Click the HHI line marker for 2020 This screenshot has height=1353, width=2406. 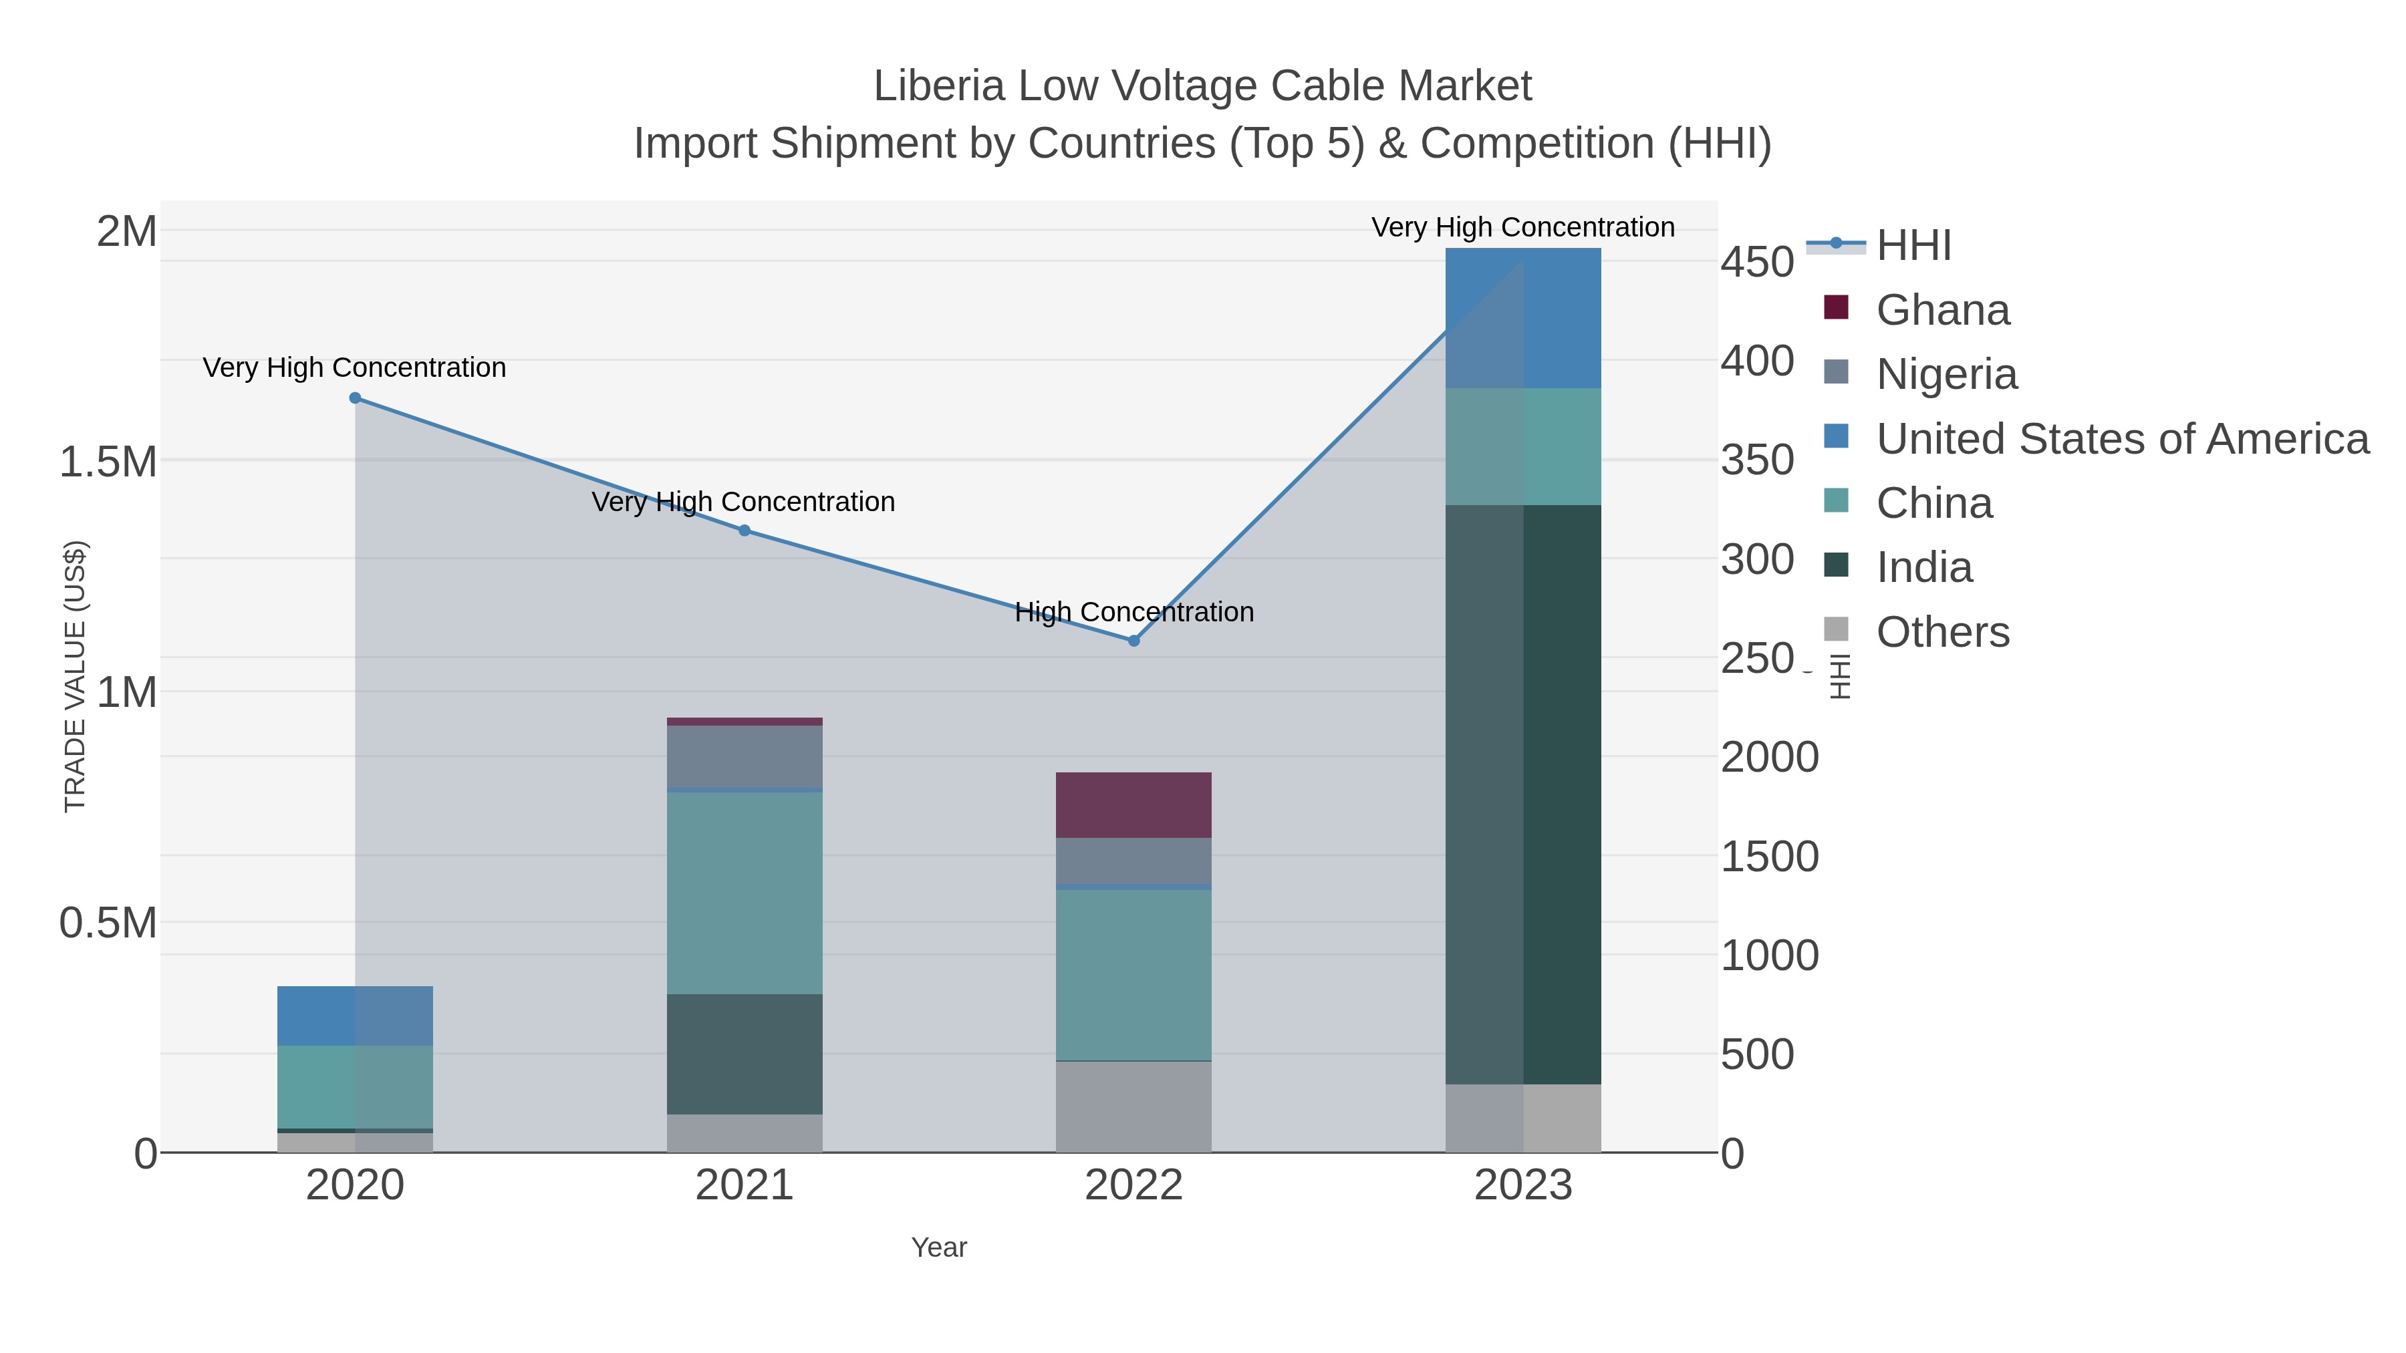point(355,398)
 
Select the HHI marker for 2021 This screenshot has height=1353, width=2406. point(745,531)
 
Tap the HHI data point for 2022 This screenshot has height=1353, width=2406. point(1134,641)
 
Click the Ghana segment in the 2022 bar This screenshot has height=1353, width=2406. point(1134,805)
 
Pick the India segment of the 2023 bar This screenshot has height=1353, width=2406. point(1523,794)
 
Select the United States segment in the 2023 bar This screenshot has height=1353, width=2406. point(1523,317)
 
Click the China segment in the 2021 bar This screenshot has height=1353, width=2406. point(745,893)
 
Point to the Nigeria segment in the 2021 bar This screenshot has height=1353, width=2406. point(745,756)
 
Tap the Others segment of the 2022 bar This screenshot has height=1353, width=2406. point(1134,1106)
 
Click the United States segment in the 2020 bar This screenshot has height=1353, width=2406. point(355,1016)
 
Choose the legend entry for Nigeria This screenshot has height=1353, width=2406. point(1946,373)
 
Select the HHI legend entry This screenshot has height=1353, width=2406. point(1913,246)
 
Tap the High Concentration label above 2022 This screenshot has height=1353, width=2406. point(1134,613)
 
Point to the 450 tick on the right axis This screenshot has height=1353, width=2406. point(1757,263)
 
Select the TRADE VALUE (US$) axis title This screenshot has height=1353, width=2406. point(75,676)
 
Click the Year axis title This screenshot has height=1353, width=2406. point(939,1247)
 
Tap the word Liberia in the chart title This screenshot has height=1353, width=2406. point(939,86)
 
